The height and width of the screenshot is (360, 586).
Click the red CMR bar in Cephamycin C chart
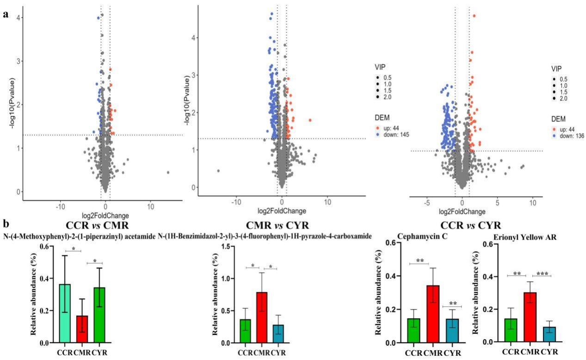[x=433, y=314]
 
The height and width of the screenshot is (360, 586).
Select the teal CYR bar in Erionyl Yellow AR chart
[x=549, y=335]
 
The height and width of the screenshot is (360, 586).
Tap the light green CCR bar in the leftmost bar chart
[x=65, y=313]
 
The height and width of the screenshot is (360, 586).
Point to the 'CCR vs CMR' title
[x=97, y=225]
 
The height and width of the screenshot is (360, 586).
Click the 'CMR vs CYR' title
[x=278, y=225]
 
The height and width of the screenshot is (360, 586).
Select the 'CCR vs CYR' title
[x=470, y=225]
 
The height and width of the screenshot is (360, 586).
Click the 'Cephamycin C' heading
[x=422, y=236]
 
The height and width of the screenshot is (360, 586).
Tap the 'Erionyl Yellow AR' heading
[x=525, y=237]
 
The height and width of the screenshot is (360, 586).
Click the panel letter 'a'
[x=6, y=14]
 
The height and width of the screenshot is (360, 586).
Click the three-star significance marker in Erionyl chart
[x=542, y=274]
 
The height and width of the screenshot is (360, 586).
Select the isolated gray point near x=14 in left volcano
[x=168, y=172]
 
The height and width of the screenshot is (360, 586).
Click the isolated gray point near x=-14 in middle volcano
[x=218, y=171]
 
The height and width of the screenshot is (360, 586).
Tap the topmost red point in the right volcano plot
[x=474, y=16]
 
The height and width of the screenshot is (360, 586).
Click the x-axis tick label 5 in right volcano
[x=497, y=203]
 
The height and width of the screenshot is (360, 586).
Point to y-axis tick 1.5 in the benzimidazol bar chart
[x=228, y=246]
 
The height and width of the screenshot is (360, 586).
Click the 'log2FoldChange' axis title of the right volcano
[x=462, y=211]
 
